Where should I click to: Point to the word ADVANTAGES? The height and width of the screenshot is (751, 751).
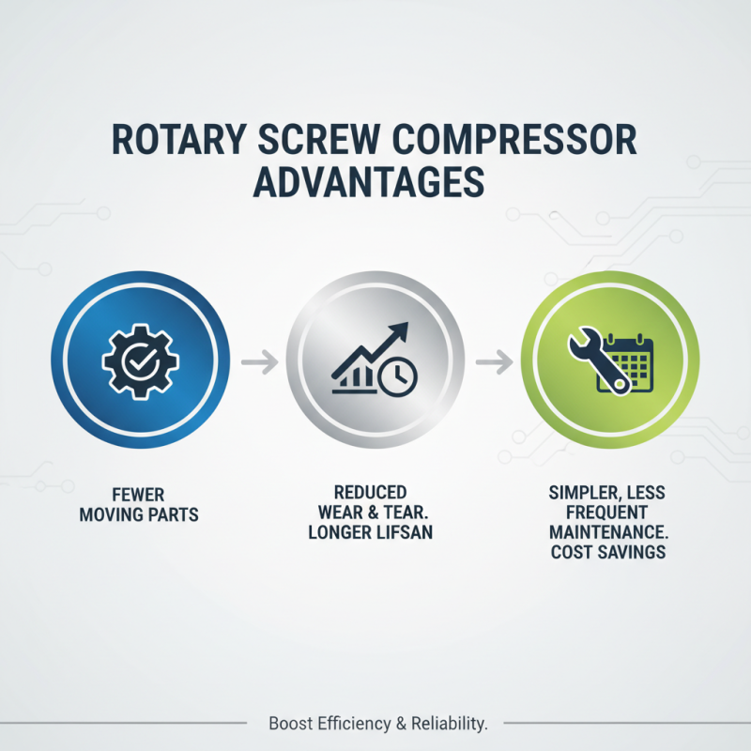375,182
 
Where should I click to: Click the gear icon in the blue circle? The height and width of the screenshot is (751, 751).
139,360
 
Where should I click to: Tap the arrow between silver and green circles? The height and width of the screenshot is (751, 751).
494,360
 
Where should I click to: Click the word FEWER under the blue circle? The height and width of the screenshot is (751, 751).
139,495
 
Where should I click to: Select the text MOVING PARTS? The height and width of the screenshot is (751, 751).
139,514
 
